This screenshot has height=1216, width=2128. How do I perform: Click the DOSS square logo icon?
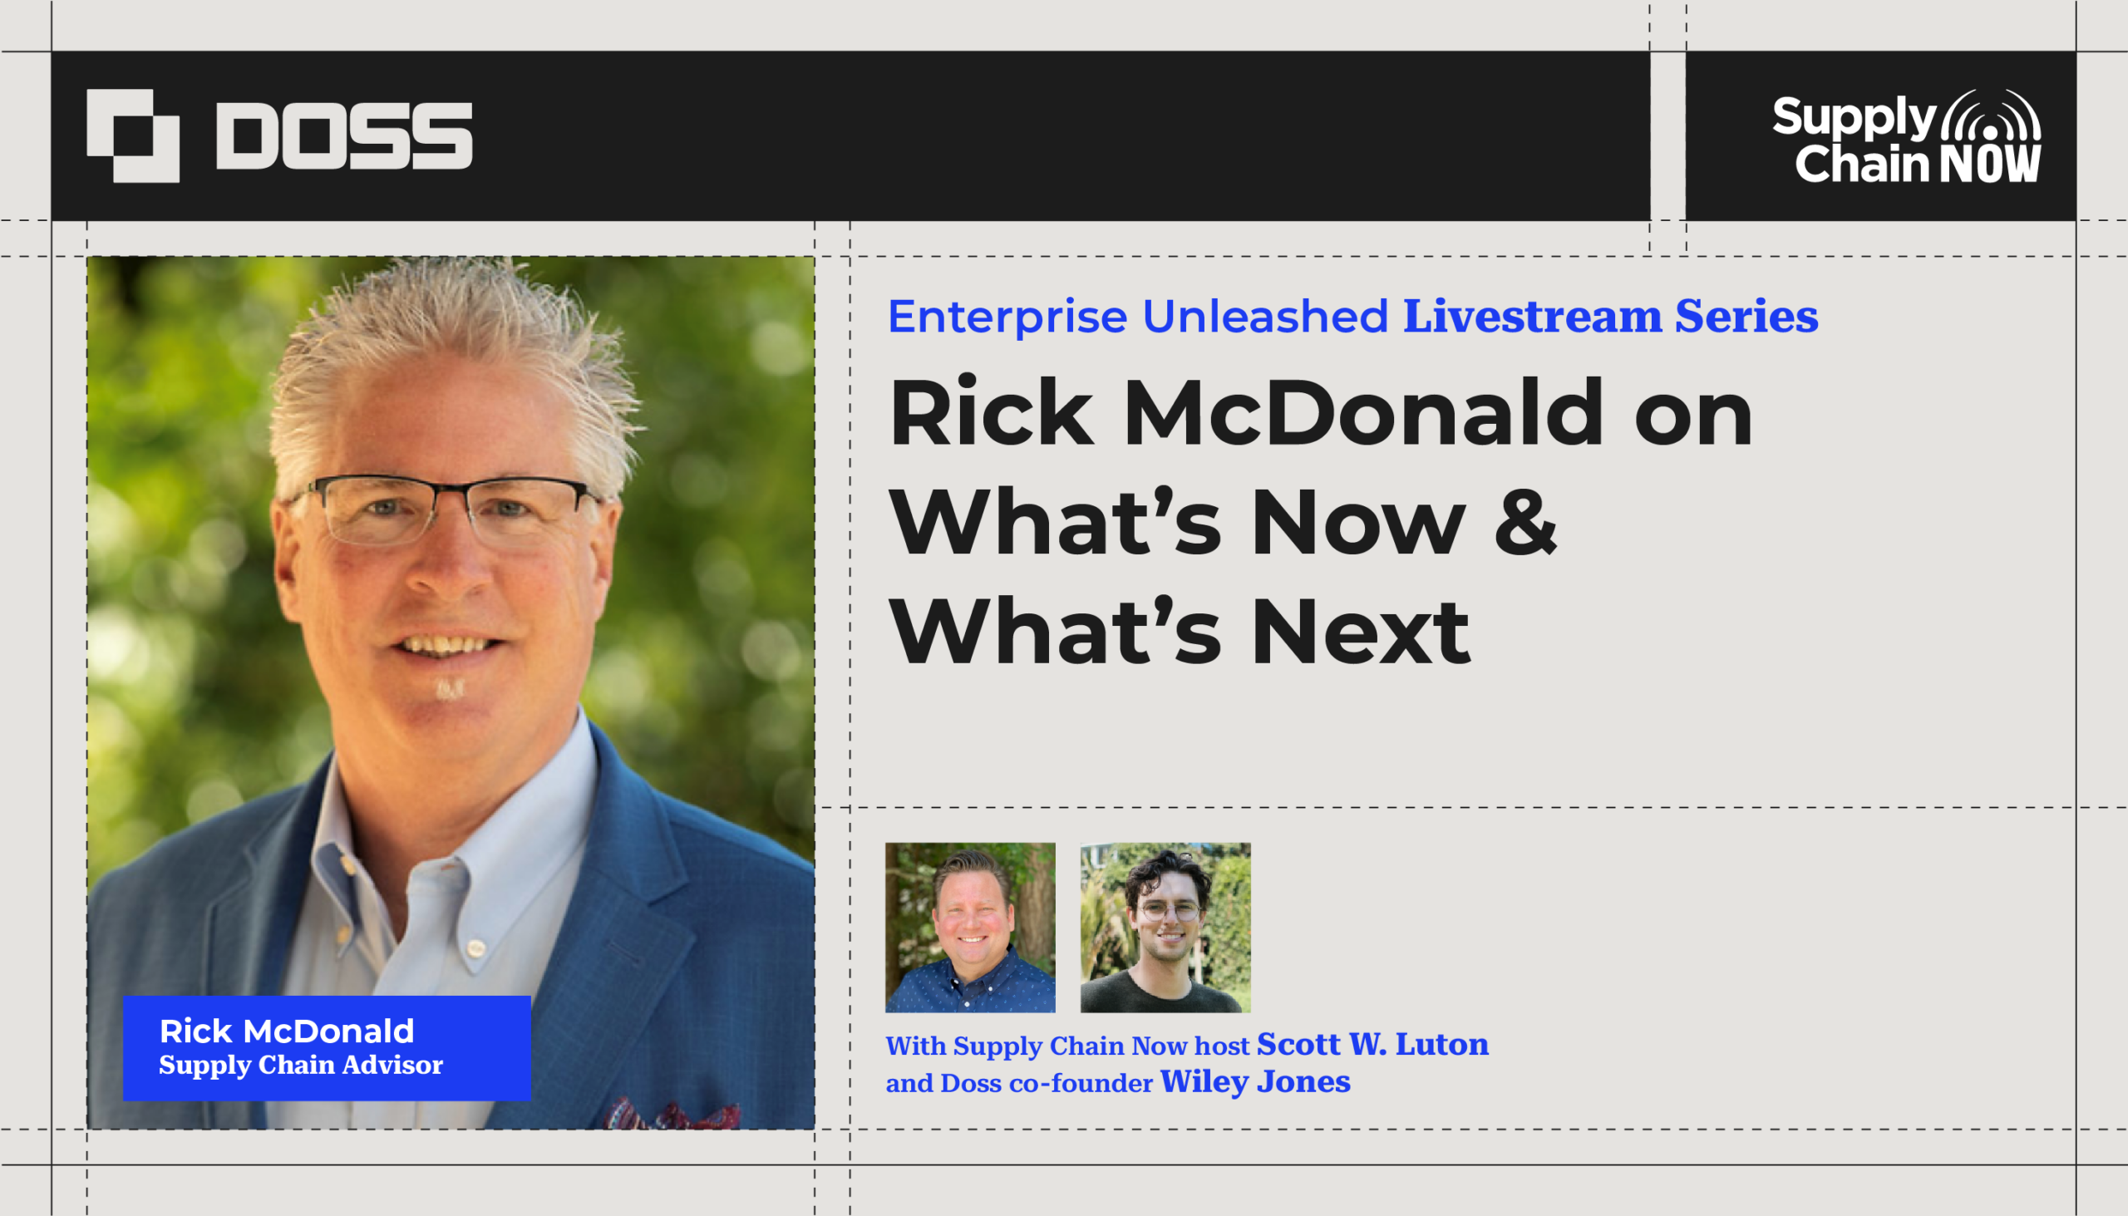click(133, 135)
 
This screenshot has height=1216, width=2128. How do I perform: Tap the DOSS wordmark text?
click(344, 135)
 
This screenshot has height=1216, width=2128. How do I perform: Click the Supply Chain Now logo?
click(1906, 136)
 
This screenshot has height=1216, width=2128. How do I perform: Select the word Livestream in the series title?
click(1532, 316)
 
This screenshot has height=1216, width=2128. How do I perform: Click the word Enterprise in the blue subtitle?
click(1007, 318)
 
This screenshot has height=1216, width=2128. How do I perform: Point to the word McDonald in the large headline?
click(1363, 412)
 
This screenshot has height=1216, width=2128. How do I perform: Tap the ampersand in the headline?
click(1525, 521)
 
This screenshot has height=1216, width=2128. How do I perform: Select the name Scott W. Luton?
click(1372, 1044)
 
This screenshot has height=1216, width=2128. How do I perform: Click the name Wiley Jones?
click(1255, 1081)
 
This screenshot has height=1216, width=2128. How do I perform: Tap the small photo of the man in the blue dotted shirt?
click(970, 927)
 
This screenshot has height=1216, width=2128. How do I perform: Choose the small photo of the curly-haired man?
click(1165, 927)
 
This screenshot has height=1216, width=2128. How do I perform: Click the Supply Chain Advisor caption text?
click(301, 1065)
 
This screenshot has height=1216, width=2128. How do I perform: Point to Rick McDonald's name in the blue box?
click(287, 1031)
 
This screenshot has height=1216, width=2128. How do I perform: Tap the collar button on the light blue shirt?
click(475, 948)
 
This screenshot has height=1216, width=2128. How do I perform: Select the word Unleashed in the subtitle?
click(1264, 316)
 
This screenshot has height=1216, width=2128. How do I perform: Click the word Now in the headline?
click(1359, 521)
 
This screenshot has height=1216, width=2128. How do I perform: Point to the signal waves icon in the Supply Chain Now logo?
click(1991, 116)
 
